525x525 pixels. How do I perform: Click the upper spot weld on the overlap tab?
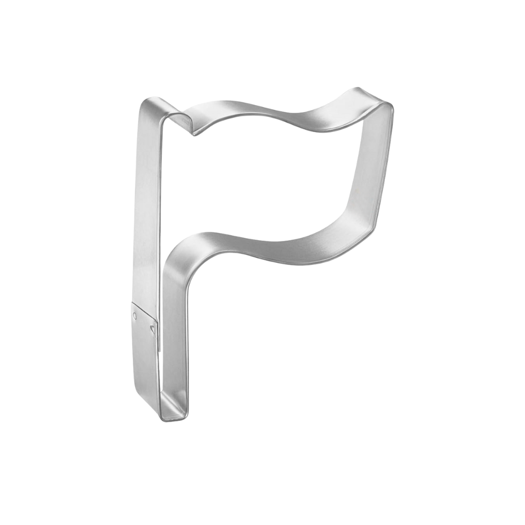pos(135,316)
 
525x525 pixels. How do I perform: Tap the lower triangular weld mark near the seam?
pos(152,329)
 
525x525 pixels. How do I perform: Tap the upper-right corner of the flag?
pos(390,103)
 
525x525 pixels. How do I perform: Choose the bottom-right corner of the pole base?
pos(185,415)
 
